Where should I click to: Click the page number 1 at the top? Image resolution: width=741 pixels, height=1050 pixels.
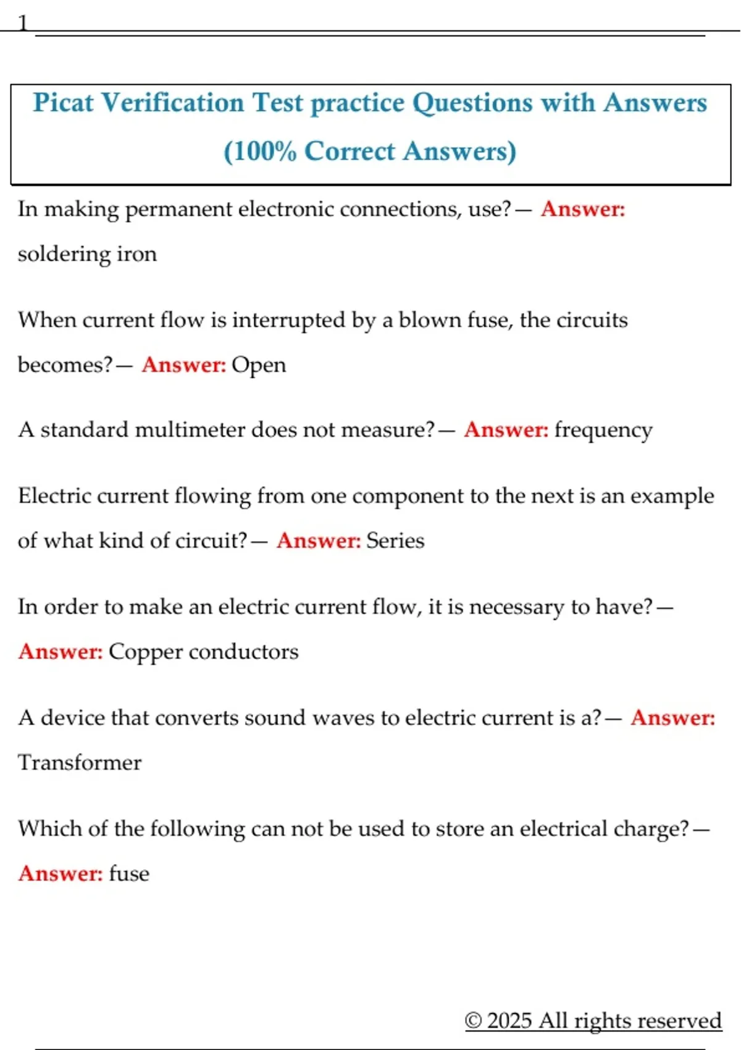click(23, 23)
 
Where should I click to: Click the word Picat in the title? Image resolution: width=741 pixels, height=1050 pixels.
click(63, 103)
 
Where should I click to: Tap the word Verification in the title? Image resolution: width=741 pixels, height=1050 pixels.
click(172, 103)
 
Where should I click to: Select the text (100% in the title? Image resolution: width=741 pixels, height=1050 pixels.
click(260, 151)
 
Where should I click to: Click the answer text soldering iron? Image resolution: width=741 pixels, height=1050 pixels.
click(87, 254)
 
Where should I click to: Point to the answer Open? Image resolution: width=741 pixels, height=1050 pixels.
click(259, 365)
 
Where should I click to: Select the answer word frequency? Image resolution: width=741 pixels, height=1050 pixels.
click(603, 430)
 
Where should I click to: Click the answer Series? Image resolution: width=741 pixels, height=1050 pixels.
click(395, 540)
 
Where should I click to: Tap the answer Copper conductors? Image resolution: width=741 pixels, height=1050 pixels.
click(203, 652)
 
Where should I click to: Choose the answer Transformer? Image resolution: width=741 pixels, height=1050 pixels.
click(80, 762)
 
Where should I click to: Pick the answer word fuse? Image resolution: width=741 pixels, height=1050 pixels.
click(129, 873)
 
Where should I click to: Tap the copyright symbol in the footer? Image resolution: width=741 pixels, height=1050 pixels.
click(473, 1020)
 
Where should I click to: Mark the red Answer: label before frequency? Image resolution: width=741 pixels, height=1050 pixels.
click(506, 429)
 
